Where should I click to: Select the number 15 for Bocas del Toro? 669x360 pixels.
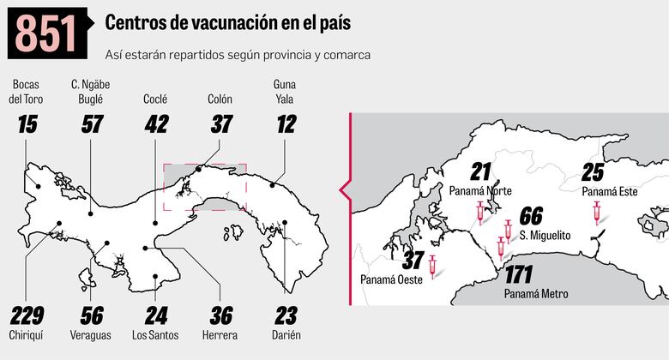[x=27, y=125]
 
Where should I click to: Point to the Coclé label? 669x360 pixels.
[x=155, y=99]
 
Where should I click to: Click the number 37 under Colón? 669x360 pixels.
[x=220, y=125]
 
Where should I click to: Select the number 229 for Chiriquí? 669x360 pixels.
[x=27, y=315]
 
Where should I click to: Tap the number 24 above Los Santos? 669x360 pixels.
[x=155, y=315]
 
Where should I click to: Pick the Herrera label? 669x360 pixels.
[x=220, y=335]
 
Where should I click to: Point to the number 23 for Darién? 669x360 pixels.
[x=286, y=315]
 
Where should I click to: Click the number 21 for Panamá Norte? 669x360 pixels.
[x=481, y=171]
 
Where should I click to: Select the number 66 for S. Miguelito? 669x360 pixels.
[x=531, y=216]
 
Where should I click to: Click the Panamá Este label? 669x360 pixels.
[x=609, y=192]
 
